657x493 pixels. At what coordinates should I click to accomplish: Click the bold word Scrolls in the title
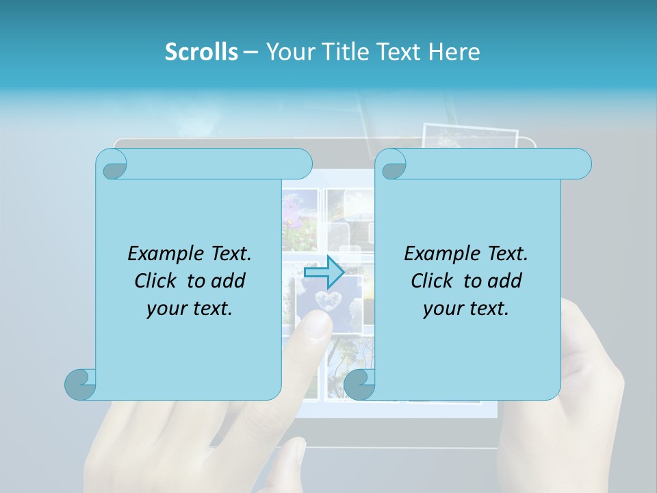click(x=201, y=52)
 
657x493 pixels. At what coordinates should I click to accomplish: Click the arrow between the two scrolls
click(x=324, y=272)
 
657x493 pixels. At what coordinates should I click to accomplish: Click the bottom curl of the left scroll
click(x=81, y=384)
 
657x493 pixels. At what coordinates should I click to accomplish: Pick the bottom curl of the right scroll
click(x=359, y=384)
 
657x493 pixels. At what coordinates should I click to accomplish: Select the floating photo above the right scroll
click(x=469, y=136)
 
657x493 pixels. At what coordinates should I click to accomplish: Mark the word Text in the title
click(x=398, y=52)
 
